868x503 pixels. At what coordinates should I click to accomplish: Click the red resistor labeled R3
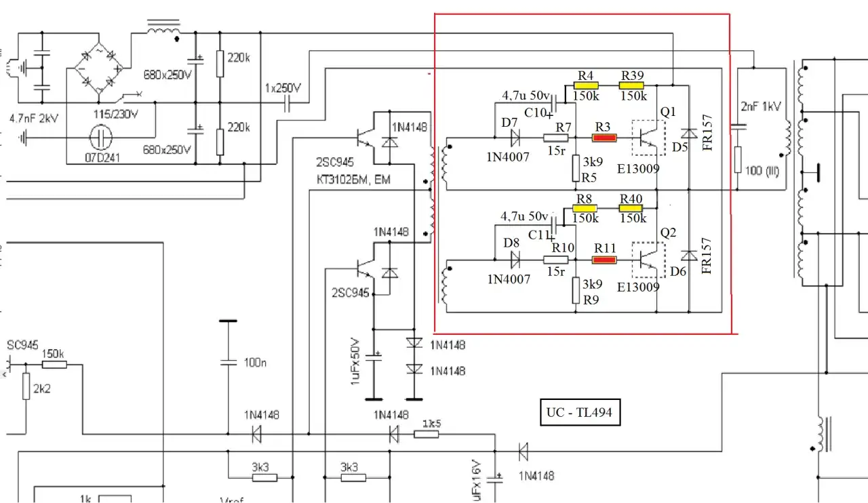604,138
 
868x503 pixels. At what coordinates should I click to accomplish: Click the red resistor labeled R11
604,259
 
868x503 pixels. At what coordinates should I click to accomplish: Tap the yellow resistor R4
586,85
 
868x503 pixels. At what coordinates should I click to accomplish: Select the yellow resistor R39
631,85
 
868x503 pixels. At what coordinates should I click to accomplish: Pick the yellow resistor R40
631,208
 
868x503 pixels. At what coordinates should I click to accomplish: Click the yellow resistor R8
586,208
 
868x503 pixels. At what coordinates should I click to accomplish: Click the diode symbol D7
515,138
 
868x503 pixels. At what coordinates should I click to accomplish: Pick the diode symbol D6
689,256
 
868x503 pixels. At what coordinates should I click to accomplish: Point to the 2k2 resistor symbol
26,388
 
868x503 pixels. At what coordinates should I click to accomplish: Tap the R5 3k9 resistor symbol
575,165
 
